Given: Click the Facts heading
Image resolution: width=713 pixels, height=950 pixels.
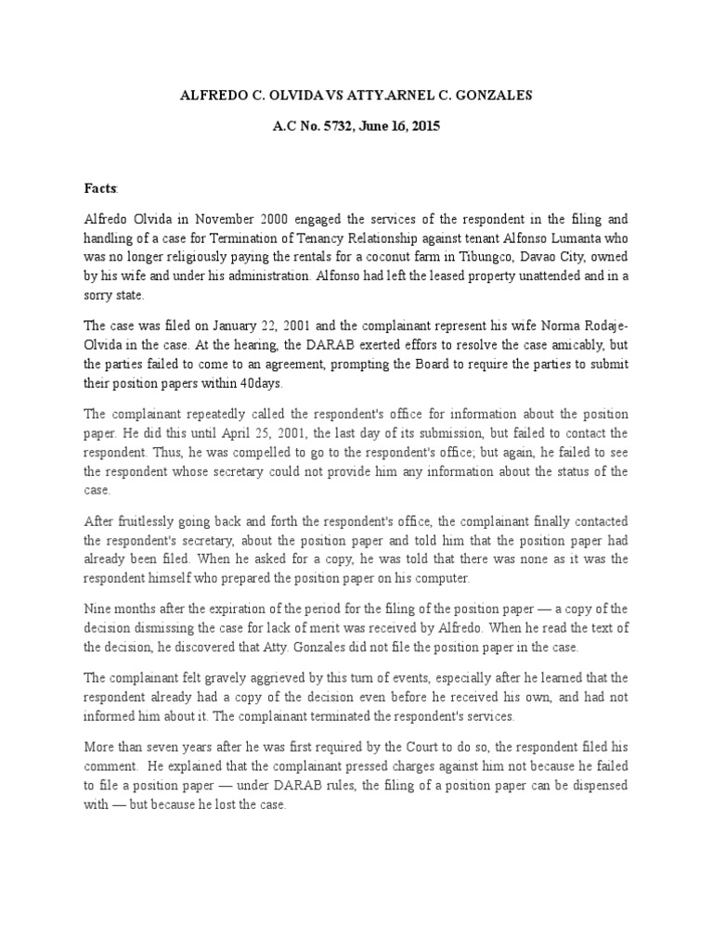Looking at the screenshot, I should [x=101, y=188].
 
